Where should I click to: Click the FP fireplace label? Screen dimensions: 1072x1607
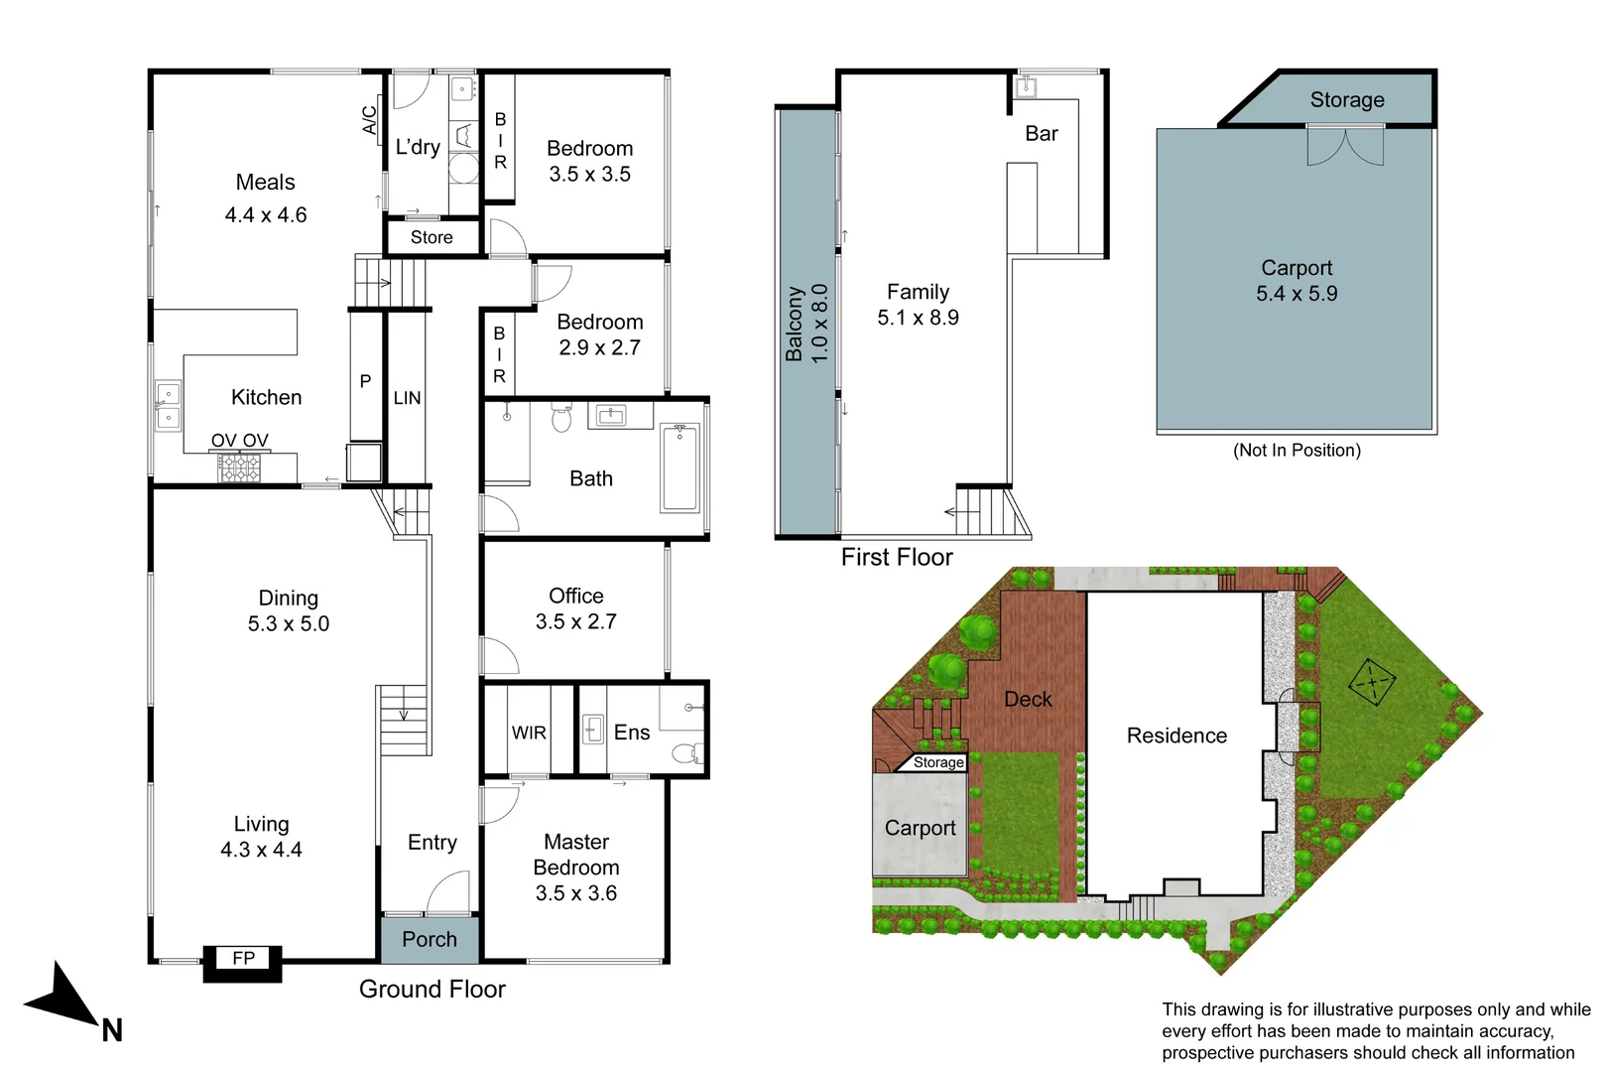pyautogui.click(x=243, y=958)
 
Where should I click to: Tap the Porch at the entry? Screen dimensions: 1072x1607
pyautogui.click(x=430, y=939)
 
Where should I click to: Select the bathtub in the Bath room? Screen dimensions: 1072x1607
pyautogui.click(x=680, y=468)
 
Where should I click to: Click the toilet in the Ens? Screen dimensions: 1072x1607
pyautogui.click(x=685, y=752)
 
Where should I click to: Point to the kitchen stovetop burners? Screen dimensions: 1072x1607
pyautogui.click(x=239, y=468)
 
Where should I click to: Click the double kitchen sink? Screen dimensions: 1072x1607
pyautogui.click(x=168, y=405)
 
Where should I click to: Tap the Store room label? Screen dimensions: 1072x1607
pyautogui.click(x=432, y=237)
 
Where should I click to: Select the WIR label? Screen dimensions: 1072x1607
pyautogui.click(x=529, y=733)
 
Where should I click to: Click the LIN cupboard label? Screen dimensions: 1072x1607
pyautogui.click(x=407, y=398)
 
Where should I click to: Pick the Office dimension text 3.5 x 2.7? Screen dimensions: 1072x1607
pyautogui.click(x=575, y=621)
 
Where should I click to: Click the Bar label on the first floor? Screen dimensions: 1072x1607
pyautogui.click(x=1041, y=133)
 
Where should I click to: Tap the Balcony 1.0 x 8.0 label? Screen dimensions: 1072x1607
pyautogui.click(x=805, y=324)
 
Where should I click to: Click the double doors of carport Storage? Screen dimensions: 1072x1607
pyautogui.click(x=1344, y=145)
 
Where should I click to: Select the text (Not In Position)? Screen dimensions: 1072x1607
pyautogui.click(x=1297, y=450)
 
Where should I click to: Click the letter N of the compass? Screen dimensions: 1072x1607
pyautogui.click(x=112, y=1030)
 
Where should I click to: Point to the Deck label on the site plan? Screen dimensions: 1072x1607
pyautogui.click(x=1028, y=699)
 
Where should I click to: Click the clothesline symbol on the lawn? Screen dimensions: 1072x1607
pyautogui.click(x=1372, y=682)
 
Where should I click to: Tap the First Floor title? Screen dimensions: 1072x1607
pyautogui.click(x=897, y=557)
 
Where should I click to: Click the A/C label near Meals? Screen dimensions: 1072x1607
pyautogui.click(x=369, y=120)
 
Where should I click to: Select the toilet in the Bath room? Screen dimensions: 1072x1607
pyautogui.click(x=561, y=418)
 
